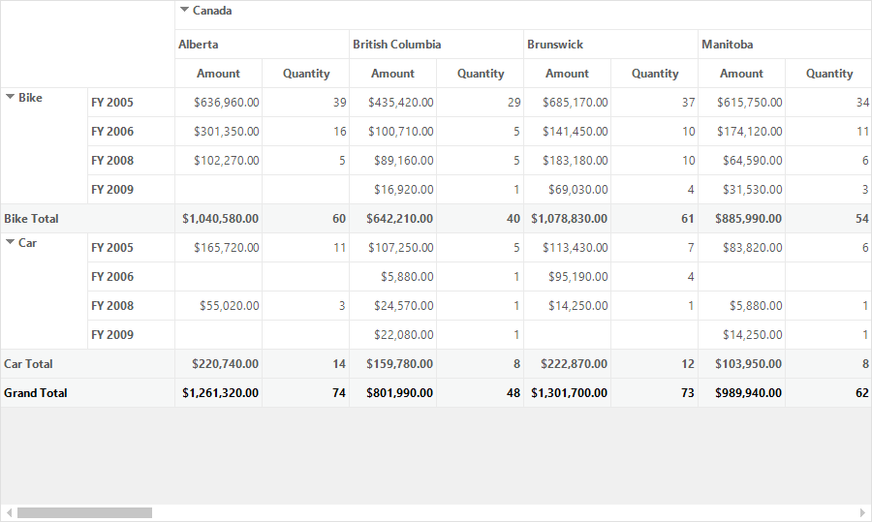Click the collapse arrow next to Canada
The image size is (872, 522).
click(185, 10)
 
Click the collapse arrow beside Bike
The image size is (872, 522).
click(10, 97)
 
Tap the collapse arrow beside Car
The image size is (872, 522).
click(10, 242)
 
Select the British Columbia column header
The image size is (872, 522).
click(396, 45)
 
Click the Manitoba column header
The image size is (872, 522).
click(727, 45)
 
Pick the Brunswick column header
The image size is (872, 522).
click(555, 45)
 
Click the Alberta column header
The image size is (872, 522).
click(198, 45)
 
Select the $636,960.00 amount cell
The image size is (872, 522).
click(227, 103)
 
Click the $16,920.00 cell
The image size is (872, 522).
click(404, 190)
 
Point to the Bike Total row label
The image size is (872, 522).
click(31, 219)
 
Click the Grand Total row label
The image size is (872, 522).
click(36, 393)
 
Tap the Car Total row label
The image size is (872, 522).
click(28, 364)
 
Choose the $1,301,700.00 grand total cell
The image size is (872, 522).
click(569, 393)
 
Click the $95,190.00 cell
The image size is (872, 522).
click(577, 277)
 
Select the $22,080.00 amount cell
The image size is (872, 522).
click(404, 335)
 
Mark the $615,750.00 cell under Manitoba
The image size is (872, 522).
click(750, 103)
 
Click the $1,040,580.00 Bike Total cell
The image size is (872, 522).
click(220, 219)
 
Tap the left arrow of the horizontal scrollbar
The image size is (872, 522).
click(9, 512)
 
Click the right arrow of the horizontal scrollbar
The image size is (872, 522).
click(862, 512)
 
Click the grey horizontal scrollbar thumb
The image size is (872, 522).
click(84, 512)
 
